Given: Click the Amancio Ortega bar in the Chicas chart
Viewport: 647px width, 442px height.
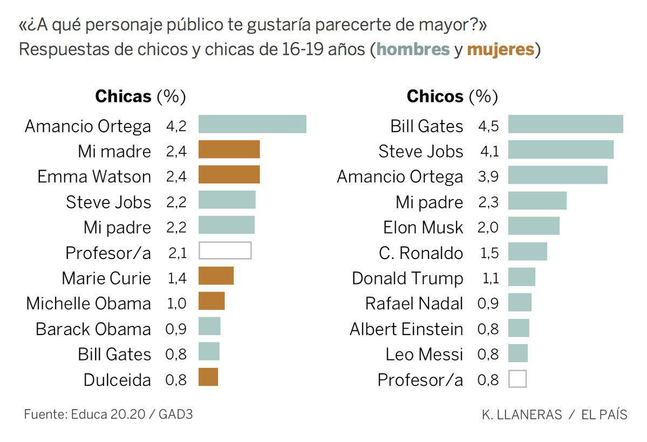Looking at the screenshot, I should pyautogui.click(x=252, y=124).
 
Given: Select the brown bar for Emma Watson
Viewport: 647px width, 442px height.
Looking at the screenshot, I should pyautogui.click(x=229, y=175).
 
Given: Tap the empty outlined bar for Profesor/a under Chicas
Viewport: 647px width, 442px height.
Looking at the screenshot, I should pyautogui.click(x=225, y=251).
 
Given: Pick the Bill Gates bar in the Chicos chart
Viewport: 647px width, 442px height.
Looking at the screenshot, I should pyautogui.click(x=565, y=124).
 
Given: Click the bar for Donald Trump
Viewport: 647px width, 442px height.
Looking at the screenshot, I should pyautogui.click(x=521, y=277).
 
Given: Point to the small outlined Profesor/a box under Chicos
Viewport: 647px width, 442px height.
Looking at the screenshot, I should pyautogui.click(x=517, y=378).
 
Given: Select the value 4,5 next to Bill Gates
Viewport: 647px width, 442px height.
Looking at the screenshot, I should pyautogui.click(x=488, y=126).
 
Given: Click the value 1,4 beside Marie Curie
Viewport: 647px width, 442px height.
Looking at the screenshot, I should pyautogui.click(x=176, y=278).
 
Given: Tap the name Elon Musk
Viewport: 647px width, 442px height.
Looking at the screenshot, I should pyautogui.click(x=423, y=227).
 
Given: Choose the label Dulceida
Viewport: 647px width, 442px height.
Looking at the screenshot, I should pyautogui.click(x=117, y=380).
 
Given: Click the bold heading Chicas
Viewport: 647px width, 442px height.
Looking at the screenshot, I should pyautogui.click(x=123, y=97).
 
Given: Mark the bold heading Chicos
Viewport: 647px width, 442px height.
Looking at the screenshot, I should pyautogui.click(x=434, y=97).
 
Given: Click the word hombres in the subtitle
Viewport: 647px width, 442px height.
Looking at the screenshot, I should pyautogui.click(x=413, y=50).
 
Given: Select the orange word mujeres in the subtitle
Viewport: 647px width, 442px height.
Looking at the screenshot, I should pyautogui.click(x=500, y=50).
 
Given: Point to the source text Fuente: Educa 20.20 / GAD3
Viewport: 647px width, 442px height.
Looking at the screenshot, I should pyautogui.click(x=108, y=414).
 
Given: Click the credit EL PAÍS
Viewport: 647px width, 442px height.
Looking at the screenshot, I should pyautogui.click(x=604, y=415).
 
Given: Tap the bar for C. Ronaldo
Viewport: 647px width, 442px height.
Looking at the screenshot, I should pyautogui.click(x=527, y=251).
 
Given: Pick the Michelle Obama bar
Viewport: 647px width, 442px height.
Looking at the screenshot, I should pyautogui.click(x=211, y=301).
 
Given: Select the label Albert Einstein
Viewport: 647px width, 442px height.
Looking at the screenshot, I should pyautogui.click(x=406, y=329).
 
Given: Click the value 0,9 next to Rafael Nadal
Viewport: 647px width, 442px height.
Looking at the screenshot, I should pyautogui.click(x=488, y=304).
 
